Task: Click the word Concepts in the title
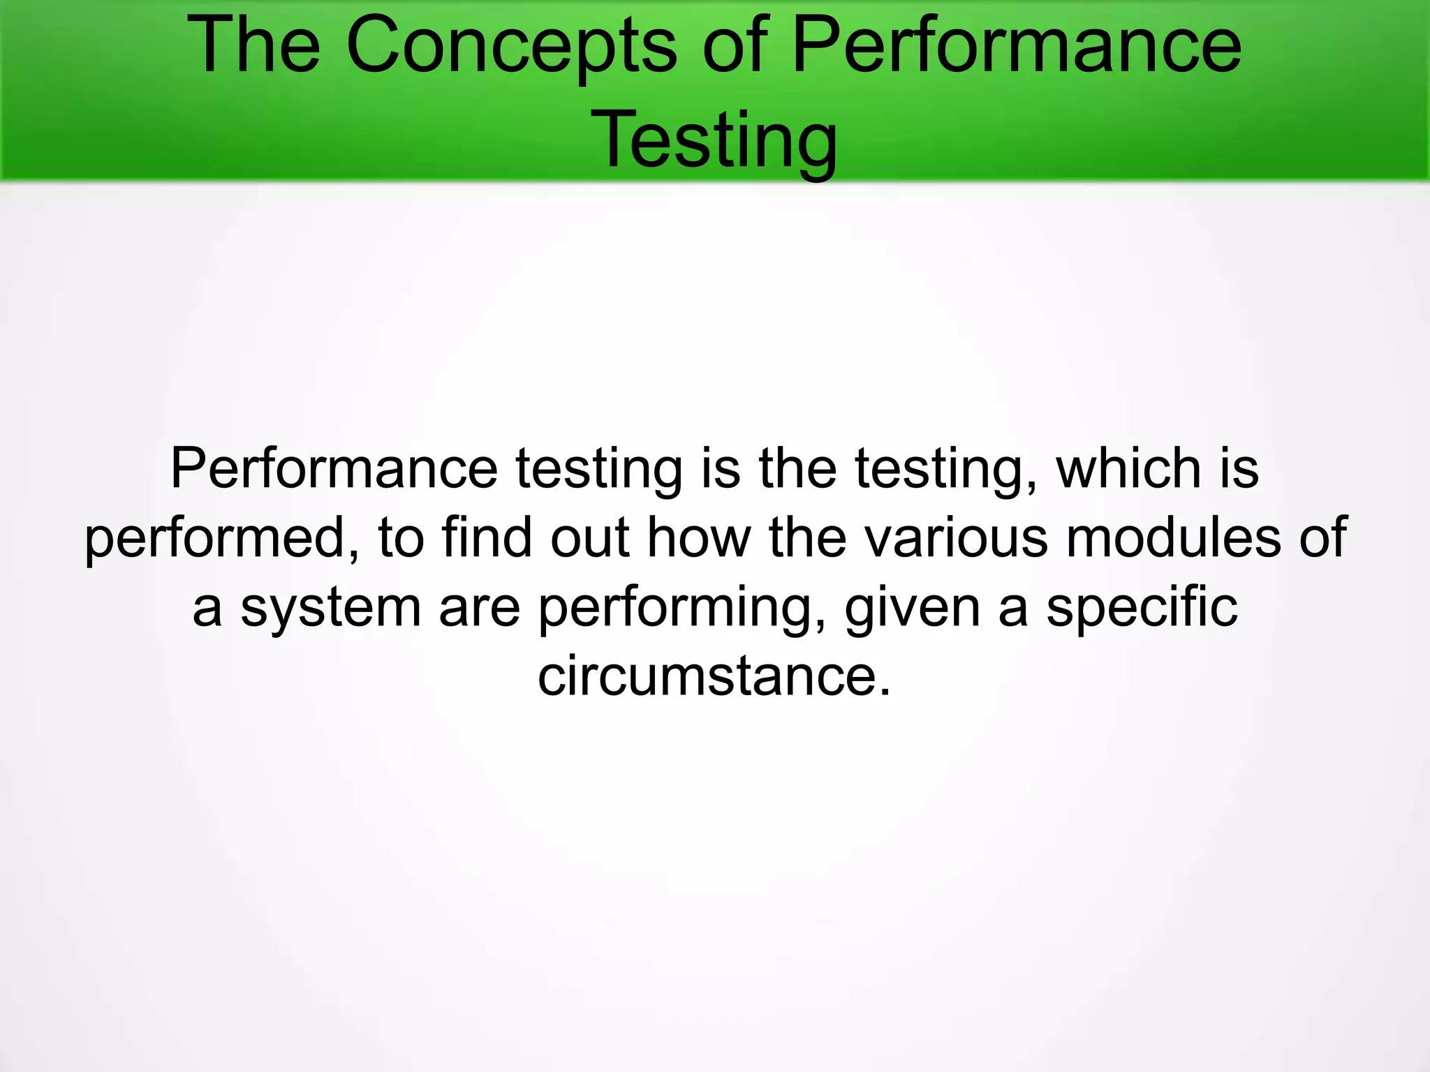coord(510,47)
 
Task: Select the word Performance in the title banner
coord(1017,46)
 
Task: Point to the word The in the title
coord(253,46)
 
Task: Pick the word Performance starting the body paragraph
coord(334,469)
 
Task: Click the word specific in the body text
coord(1142,607)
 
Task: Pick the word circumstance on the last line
coord(706,676)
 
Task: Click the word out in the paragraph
coord(590,539)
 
